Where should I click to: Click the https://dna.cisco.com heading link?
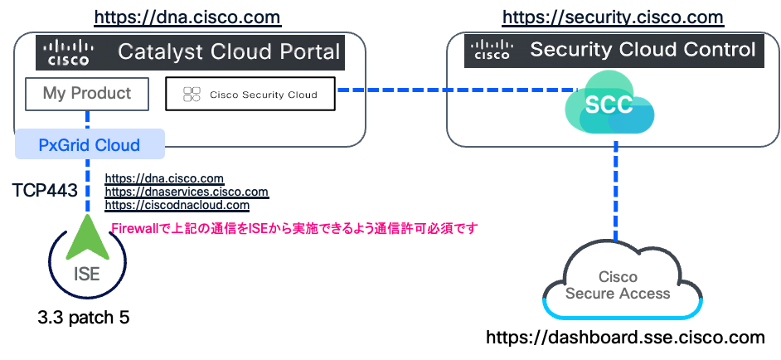(187, 17)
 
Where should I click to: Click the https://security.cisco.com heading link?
(613, 17)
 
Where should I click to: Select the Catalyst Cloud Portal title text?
(229, 52)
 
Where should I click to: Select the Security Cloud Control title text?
(643, 50)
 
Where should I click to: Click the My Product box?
(87, 94)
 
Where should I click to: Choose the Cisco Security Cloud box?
(250, 95)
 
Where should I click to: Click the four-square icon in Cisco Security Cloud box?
(192, 95)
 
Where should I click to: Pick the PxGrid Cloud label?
(90, 145)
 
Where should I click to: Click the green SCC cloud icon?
(609, 105)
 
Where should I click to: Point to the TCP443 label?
(45, 190)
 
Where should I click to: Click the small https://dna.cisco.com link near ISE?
(164, 178)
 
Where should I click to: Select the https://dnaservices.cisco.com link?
(186, 192)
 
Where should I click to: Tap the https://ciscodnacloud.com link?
(177, 205)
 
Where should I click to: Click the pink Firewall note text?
(294, 228)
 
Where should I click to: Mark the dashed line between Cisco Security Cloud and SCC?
(456, 90)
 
